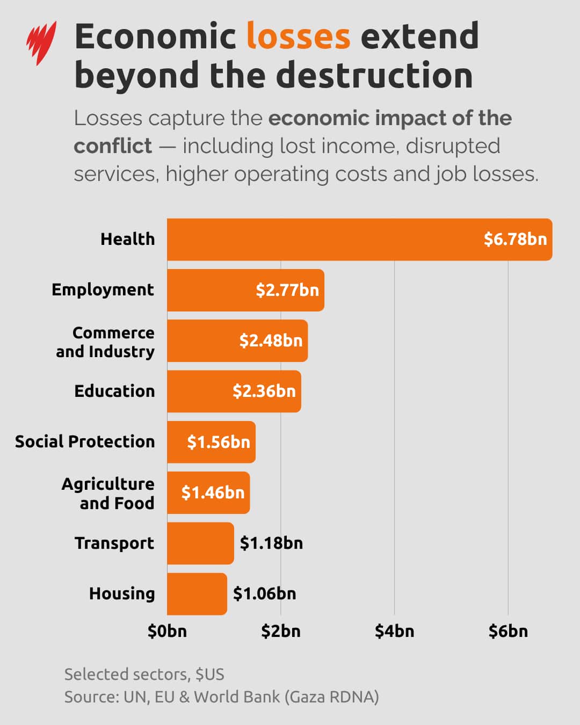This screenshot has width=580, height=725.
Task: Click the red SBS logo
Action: point(41,43)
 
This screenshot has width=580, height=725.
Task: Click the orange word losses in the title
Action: point(298,37)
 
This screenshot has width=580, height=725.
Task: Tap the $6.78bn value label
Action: point(515,239)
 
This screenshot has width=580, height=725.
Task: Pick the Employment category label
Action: point(103,290)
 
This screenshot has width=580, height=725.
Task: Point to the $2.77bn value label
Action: point(287,290)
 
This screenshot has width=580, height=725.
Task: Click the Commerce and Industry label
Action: point(105,342)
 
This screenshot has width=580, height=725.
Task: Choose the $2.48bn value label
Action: point(271,340)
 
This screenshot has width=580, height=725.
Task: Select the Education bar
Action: point(234,391)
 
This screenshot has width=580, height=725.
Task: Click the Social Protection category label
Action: point(85,441)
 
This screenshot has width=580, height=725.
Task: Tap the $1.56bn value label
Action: point(219,442)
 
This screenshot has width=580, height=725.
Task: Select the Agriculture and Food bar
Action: point(208,492)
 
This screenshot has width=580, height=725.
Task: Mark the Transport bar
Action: point(200,543)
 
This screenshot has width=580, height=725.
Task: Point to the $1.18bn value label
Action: point(271,543)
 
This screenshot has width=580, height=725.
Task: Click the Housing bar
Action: point(197,593)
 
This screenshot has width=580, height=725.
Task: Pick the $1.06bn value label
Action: point(264,593)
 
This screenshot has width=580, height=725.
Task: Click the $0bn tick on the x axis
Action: point(167,631)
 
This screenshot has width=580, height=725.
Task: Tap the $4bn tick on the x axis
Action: point(394,631)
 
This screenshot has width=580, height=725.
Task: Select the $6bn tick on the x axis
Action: point(508,631)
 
